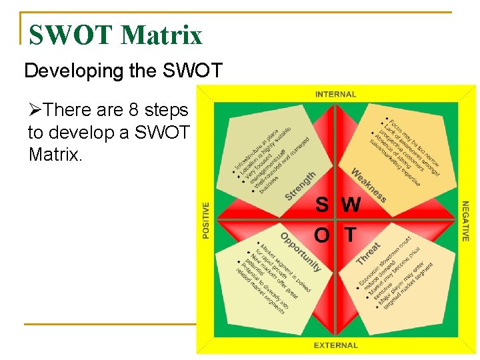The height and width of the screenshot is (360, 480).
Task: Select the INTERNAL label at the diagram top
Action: pyautogui.click(x=335, y=95)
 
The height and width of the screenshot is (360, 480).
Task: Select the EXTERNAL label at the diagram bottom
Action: pyautogui.click(x=335, y=345)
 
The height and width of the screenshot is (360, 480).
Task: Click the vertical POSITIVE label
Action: pyautogui.click(x=206, y=220)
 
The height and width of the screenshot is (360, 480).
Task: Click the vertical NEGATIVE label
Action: pyautogui.click(x=465, y=221)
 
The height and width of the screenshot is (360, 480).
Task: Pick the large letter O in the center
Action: pyautogui.click(x=321, y=235)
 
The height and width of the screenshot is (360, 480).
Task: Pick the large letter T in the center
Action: pyautogui.click(x=349, y=235)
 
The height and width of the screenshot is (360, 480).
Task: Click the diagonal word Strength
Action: pyautogui.click(x=300, y=185)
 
